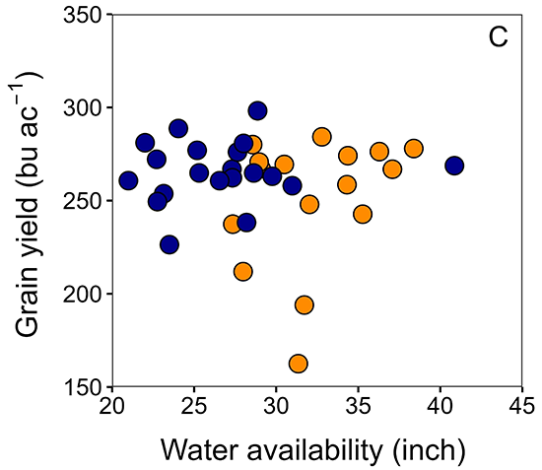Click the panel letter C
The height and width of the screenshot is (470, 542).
click(x=498, y=38)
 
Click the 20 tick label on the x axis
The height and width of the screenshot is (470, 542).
click(x=111, y=408)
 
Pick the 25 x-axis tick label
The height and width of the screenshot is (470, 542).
click(x=193, y=408)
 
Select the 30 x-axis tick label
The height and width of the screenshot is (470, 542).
click(x=276, y=408)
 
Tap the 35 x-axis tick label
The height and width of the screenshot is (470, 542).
click(x=358, y=408)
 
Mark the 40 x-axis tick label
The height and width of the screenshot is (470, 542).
click(x=440, y=408)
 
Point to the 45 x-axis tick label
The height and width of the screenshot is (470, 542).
click(x=521, y=408)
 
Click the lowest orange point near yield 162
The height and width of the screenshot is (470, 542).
click(x=299, y=364)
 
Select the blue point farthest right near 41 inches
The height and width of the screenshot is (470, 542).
click(x=454, y=166)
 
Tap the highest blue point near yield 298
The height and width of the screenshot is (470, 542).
click(x=257, y=110)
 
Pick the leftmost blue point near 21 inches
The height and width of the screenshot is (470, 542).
click(x=128, y=180)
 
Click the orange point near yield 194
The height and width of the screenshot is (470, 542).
click(x=304, y=304)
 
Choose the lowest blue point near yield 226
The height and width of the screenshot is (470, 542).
click(x=169, y=244)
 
